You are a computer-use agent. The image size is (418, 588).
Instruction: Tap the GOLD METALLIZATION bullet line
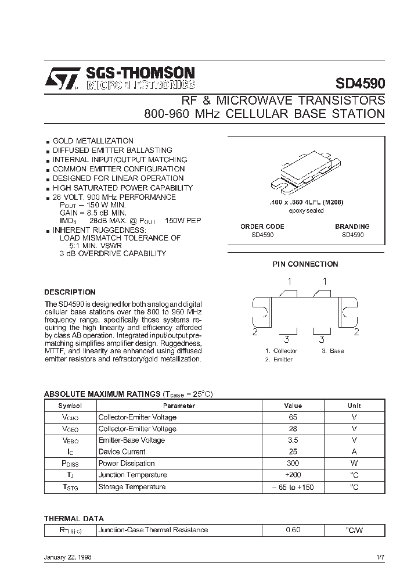click(93, 141)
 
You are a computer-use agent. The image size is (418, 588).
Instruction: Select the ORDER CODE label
click(262, 227)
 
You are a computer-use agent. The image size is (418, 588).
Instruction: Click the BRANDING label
click(352, 227)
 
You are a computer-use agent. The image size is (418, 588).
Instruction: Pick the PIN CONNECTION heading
click(305, 264)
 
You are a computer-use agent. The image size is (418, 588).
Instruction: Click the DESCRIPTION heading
click(70, 292)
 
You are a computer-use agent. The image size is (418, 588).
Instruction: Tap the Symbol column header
click(70, 406)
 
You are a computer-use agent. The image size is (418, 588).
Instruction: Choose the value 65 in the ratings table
click(293, 417)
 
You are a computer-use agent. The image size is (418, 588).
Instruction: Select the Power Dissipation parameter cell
click(127, 463)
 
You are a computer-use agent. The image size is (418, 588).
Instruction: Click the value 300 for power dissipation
click(293, 463)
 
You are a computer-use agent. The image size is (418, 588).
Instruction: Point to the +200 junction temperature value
click(293, 475)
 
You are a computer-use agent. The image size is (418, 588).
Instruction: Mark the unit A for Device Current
click(354, 451)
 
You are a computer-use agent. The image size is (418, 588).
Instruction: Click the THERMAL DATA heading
click(74, 518)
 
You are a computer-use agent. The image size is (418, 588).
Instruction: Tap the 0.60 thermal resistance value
click(293, 530)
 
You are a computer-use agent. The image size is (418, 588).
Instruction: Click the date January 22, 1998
click(67, 557)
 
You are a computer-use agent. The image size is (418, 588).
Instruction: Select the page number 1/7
click(380, 557)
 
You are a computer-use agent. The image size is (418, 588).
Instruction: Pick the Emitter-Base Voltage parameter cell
click(131, 440)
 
